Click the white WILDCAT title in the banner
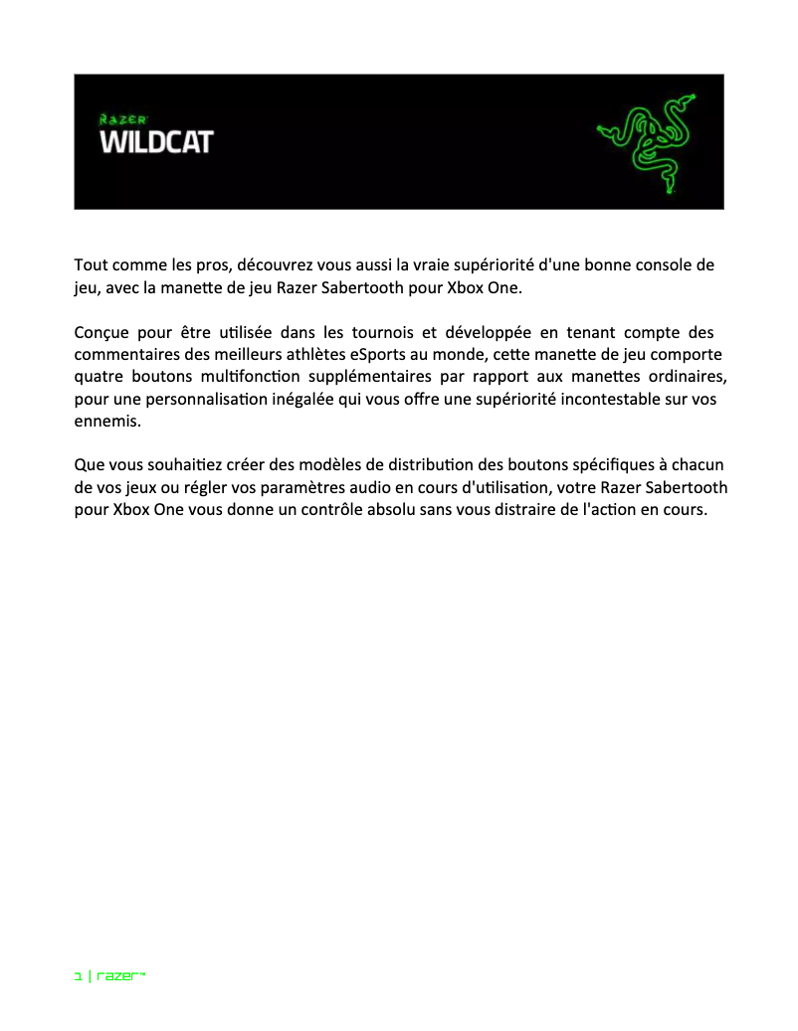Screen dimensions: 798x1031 pyautogui.click(x=156, y=142)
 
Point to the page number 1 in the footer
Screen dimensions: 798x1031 pyautogui.click(x=78, y=977)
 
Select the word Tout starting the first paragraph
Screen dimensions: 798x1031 pyautogui.click(x=91, y=266)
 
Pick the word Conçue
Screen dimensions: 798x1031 pyautogui.click(x=100, y=332)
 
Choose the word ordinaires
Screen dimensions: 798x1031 pyautogui.click(x=683, y=377)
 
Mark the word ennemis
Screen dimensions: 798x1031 pyautogui.click(x=105, y=421)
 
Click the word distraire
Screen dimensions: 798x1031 pyautogui.click(x=515, y=509)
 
